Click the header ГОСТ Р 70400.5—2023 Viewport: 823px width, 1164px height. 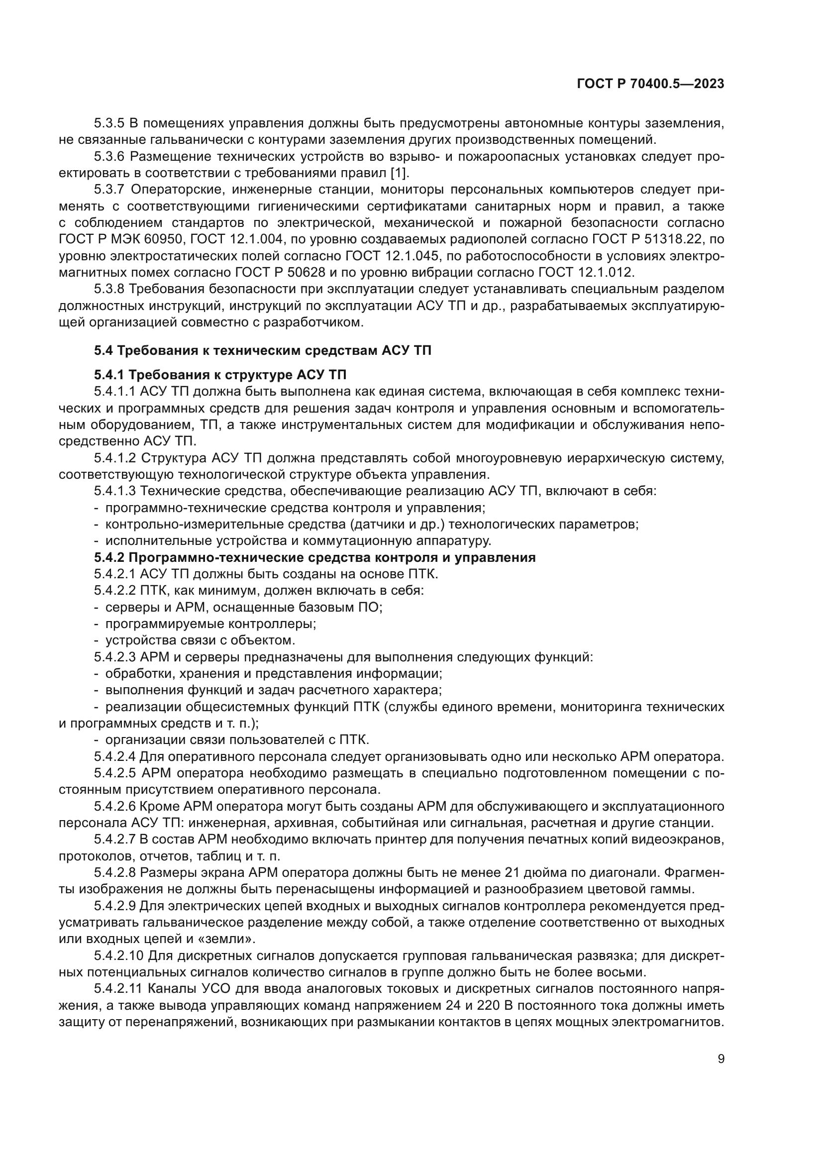click(x=650, y=84)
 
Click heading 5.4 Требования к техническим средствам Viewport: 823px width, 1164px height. click(x=263, y=350)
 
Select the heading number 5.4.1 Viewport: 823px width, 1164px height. click(x=109, y=375)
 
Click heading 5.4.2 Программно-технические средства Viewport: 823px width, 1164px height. click(x=314, y=558)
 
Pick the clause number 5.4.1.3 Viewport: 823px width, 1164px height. click(x=115, y=491)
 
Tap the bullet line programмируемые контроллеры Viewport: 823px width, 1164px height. click(x=210, y=624)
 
